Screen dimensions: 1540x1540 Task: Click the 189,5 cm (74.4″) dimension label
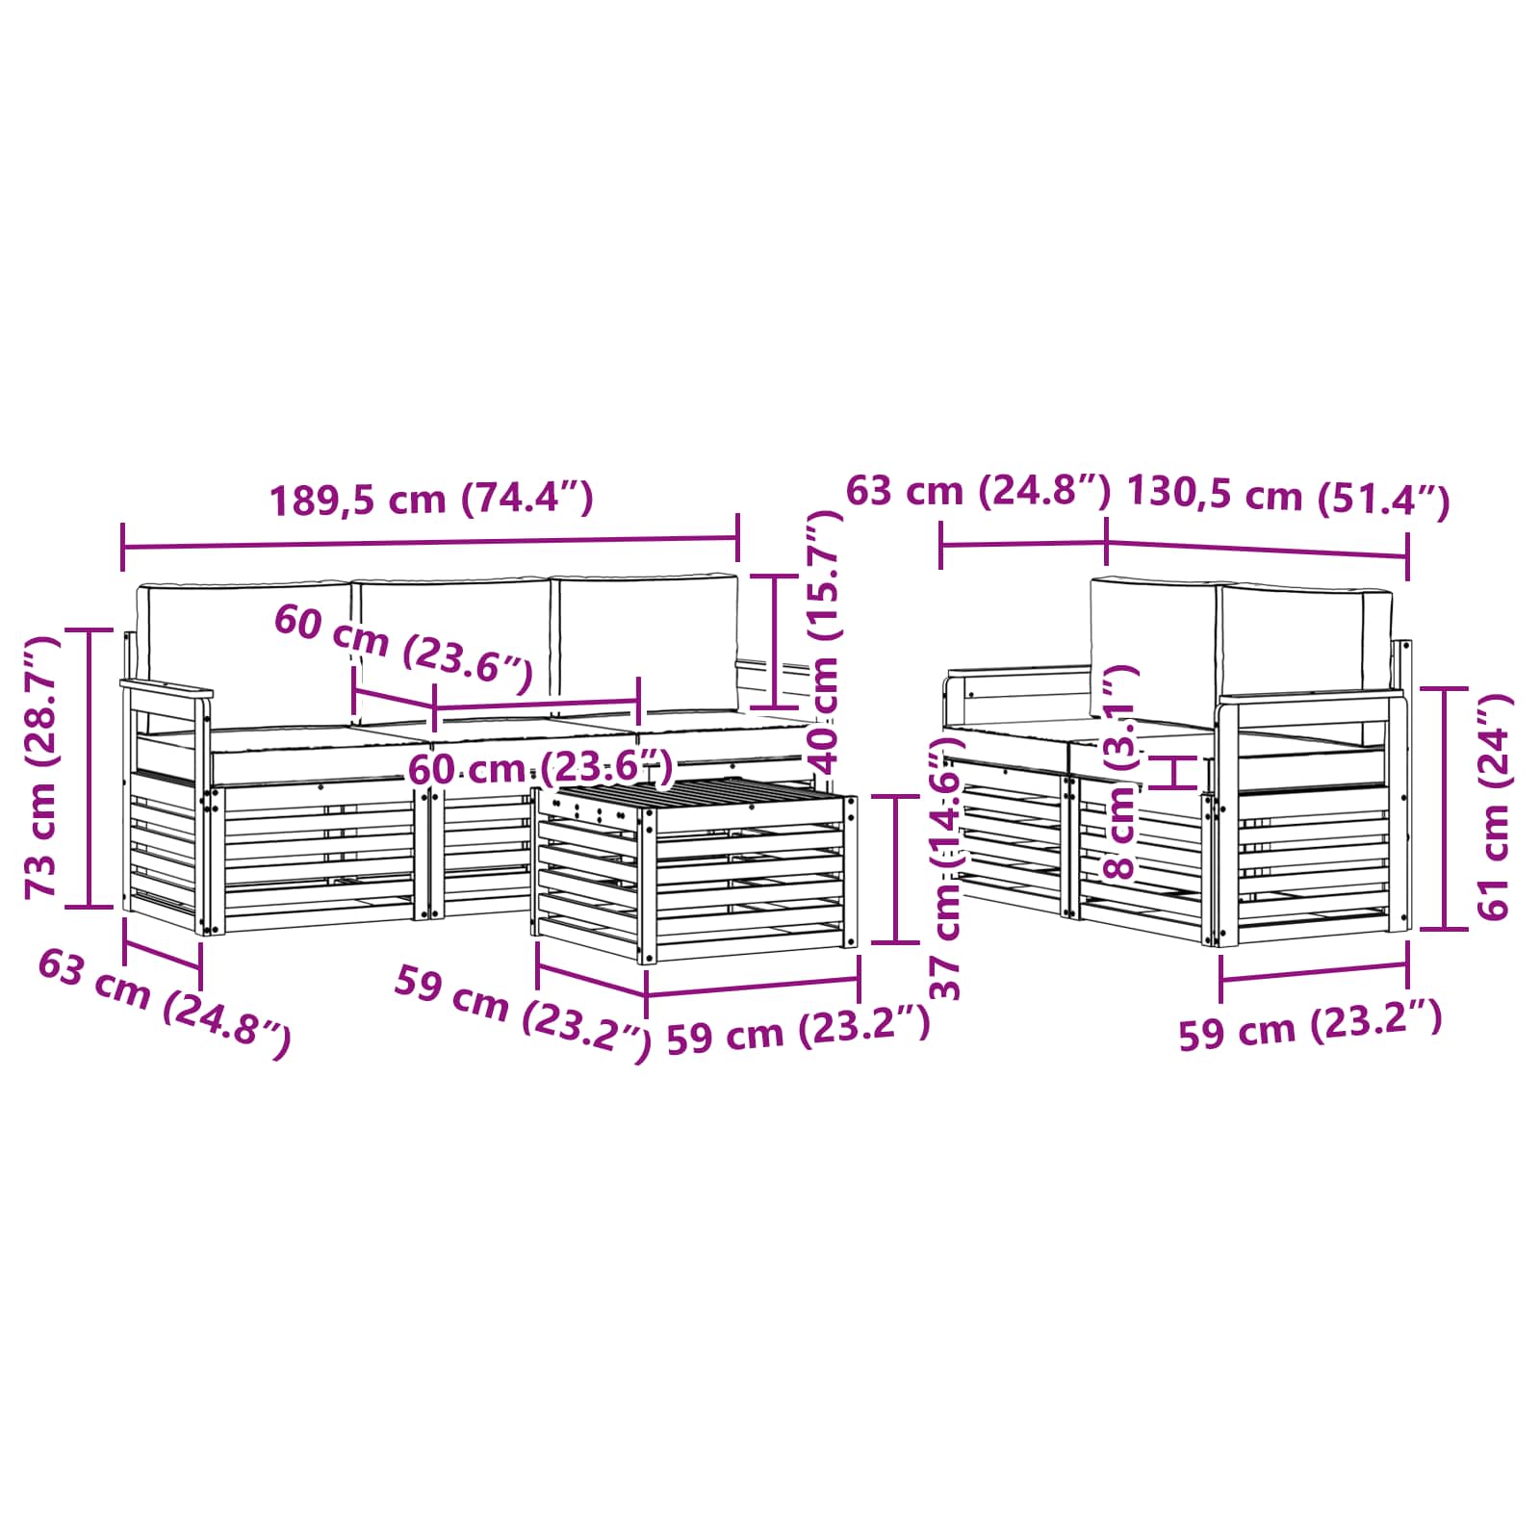tap(430, 500)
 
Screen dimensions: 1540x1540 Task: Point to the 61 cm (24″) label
tap(1493, 807)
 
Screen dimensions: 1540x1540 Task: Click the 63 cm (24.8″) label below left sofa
tap(163, 1002)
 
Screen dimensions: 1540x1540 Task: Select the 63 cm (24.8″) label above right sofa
tap(978, 491)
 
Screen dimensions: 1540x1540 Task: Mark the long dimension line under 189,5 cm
tap(430, 544)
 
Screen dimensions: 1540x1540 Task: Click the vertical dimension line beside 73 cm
tap(89, 767)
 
